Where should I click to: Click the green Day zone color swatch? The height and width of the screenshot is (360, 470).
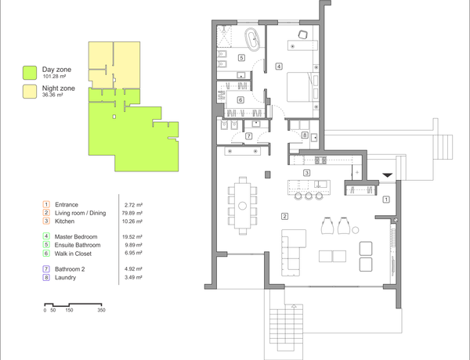pos(30,73)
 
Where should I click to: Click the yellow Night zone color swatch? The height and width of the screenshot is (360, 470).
pos(30,92)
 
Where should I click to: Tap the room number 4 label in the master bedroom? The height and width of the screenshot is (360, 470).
pos(279,67)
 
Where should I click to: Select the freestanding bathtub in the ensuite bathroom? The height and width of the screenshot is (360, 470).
pos(252,39)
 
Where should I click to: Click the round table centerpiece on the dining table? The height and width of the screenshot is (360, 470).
pos(243,206)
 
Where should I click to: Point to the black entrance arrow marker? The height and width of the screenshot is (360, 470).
pos(387,175)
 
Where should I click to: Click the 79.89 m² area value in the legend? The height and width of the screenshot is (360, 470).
pos(132,213)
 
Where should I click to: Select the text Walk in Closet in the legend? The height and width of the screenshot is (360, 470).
pos(73,254)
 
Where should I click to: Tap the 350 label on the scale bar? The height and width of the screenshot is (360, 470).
pos(101,310)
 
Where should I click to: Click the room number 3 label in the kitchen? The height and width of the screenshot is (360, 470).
pos(306,173)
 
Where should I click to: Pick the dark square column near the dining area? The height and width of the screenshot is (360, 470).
pos(268,175)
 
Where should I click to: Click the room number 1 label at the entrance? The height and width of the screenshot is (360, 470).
pos(386,199)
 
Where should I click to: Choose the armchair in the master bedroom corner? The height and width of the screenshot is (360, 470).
pos(302,34)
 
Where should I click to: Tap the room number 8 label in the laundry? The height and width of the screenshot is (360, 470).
pos(305,135)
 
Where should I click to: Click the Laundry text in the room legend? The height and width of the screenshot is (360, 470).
pos(65,278)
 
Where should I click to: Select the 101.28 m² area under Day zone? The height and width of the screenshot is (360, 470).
pos(54,77)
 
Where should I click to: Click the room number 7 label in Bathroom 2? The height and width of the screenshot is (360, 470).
pos(249,136)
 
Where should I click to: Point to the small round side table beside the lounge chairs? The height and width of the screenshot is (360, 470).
pos(355,230)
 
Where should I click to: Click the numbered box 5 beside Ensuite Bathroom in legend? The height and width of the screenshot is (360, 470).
pos(46,245)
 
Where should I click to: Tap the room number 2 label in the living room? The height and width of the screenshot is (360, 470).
pos(285,216)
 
